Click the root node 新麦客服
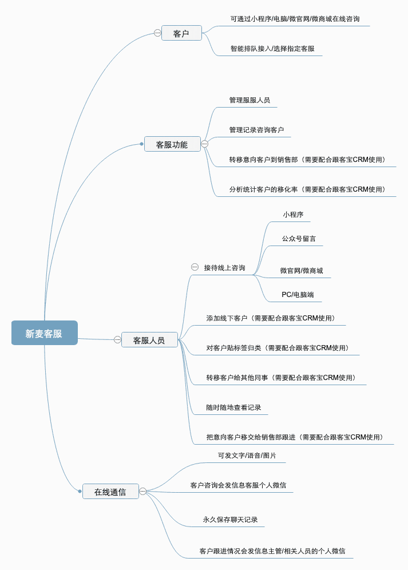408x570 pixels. [x=44, y=333]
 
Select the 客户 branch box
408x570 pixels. [x=181, y=33]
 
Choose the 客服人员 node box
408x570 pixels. [x=149, y=340]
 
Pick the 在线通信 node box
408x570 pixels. [x=110, y=492]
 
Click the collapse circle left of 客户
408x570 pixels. [x=157, y=33]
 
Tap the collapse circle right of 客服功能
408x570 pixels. [x=204, y=144]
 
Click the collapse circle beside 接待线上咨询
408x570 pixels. [x=195, y=267]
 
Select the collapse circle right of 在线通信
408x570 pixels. [x=142, y=491]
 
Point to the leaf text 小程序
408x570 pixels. [x=293, y=215]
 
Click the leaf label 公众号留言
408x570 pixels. [x=299, y=239]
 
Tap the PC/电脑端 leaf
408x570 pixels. [x=298, y=295]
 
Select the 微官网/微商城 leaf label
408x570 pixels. [x=302, y=271]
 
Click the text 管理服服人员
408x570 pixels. [x=249, y=100]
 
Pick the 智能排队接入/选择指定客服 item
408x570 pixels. [x=272, y=49]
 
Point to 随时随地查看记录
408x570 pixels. [x=233, y=407]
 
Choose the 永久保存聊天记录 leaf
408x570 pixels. [x=230, y=520]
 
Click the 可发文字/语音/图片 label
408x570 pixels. [x=247, y=456]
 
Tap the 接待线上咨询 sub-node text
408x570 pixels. [x=224, y=268]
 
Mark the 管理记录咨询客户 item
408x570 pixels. [x=256, y=130]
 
